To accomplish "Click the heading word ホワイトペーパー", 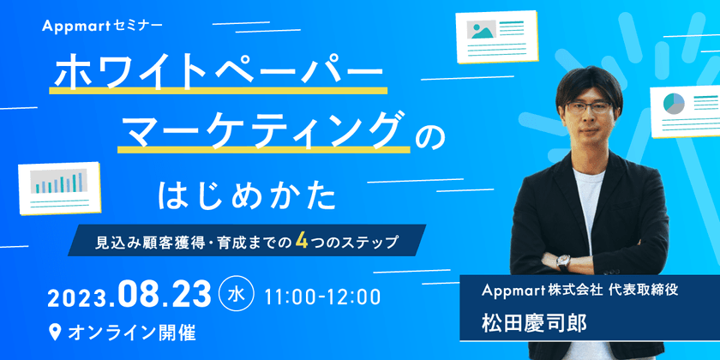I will coord(219,75).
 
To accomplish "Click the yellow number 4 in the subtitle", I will coord(302,242).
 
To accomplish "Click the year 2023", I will coord(77,297).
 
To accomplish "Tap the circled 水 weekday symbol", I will coord(237,295).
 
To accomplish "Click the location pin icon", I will coord(56,331).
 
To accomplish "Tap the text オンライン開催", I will coord(133,331).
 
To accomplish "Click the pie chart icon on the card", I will coord(673,105).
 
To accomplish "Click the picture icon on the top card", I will coord(479,30).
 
